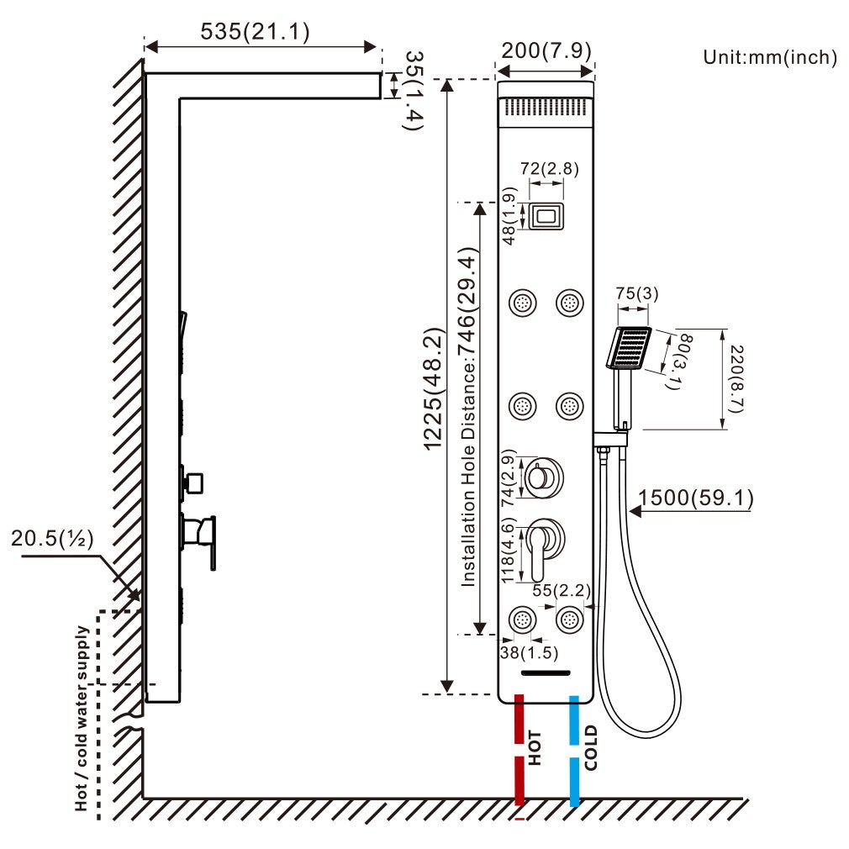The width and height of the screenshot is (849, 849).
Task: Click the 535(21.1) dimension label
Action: pyautogui.click(x=255, y=32)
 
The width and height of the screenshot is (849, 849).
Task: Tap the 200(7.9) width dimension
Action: pyautogui.click(x=546, y=50)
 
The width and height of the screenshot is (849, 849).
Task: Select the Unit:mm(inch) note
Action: pyautogui.click(x=770, y=57)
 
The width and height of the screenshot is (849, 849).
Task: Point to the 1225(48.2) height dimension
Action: pyautogui.click(x=435, y=388)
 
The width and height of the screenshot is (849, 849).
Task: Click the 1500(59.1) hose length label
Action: pyautogui.click(x=696, y=498)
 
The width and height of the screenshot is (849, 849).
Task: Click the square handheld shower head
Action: pyautogui.click(x=629, y=348)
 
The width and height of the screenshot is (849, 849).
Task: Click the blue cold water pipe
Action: pyautogui.click(x=575, y=748)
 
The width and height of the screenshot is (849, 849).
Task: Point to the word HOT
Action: pyautogui.click(x=535, y=747)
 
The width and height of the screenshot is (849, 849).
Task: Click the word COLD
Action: pyautogui.click(x=591, y=747)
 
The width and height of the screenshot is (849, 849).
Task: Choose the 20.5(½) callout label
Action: pyautogui.click(x=52, y=537)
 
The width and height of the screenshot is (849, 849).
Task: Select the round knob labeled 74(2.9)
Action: pyautogui.click(x=543, y=478)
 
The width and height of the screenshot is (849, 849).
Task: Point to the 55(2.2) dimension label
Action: pyautogui.click(x=556, y=590)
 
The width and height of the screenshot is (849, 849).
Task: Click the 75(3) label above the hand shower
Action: pyautogui.click(x=636, y=293)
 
